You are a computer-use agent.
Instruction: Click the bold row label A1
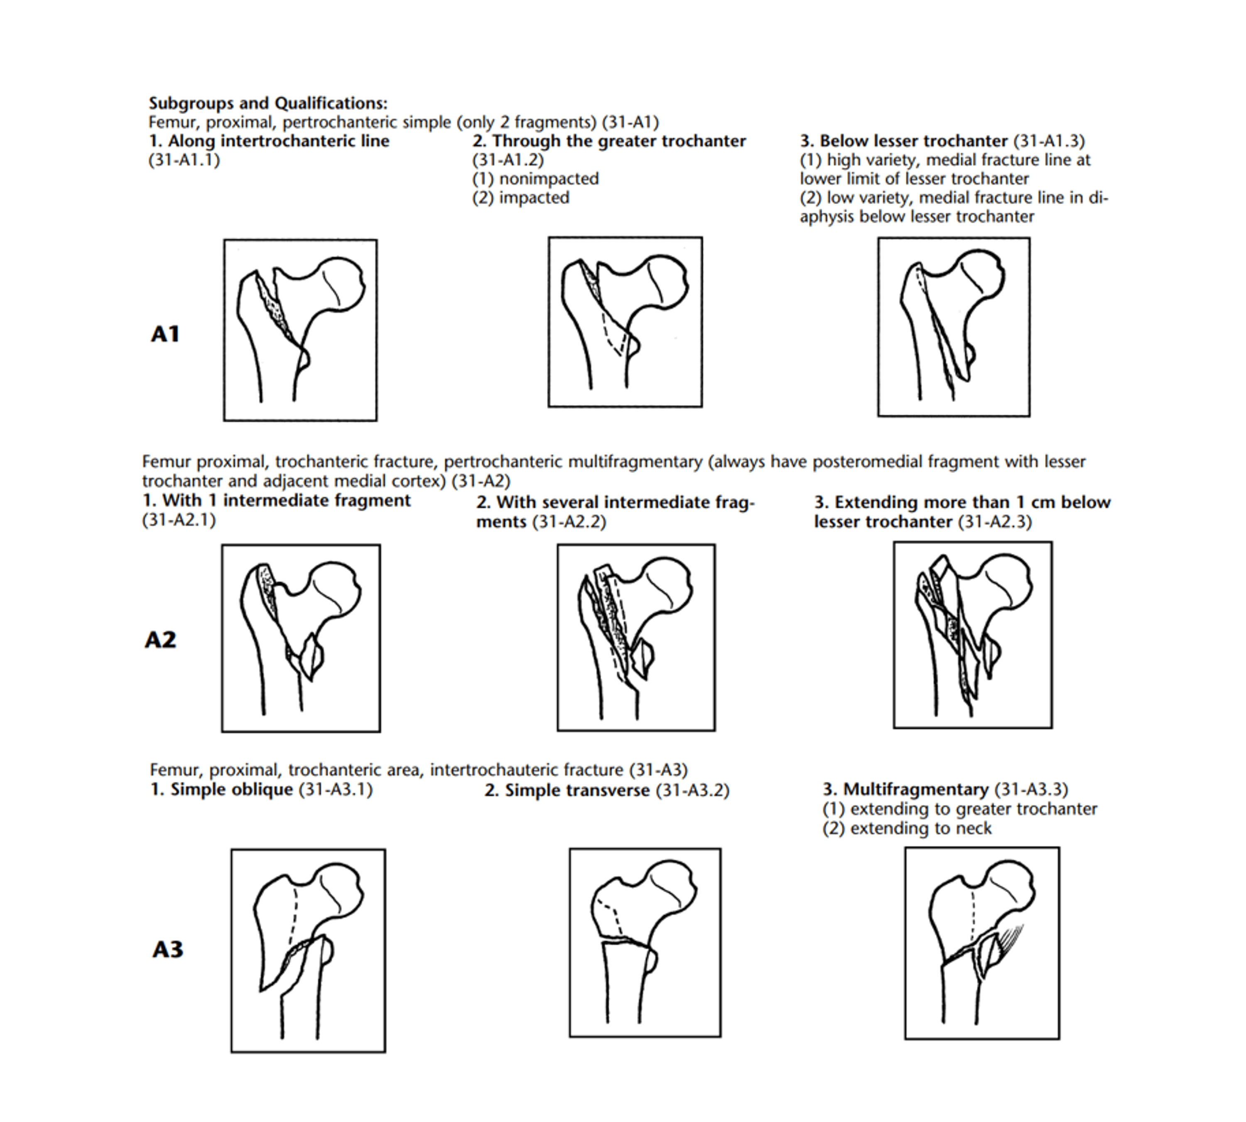pos(165,334)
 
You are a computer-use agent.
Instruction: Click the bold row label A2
pos(160,640)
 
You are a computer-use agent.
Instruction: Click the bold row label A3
pos(168,949)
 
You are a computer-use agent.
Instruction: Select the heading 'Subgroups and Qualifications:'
pos(268,103)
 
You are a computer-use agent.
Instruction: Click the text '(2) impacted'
pos(521,198)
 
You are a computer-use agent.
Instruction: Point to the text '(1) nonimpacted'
pos(535,179)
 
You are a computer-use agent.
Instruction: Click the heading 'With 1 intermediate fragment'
pos(277,501)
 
